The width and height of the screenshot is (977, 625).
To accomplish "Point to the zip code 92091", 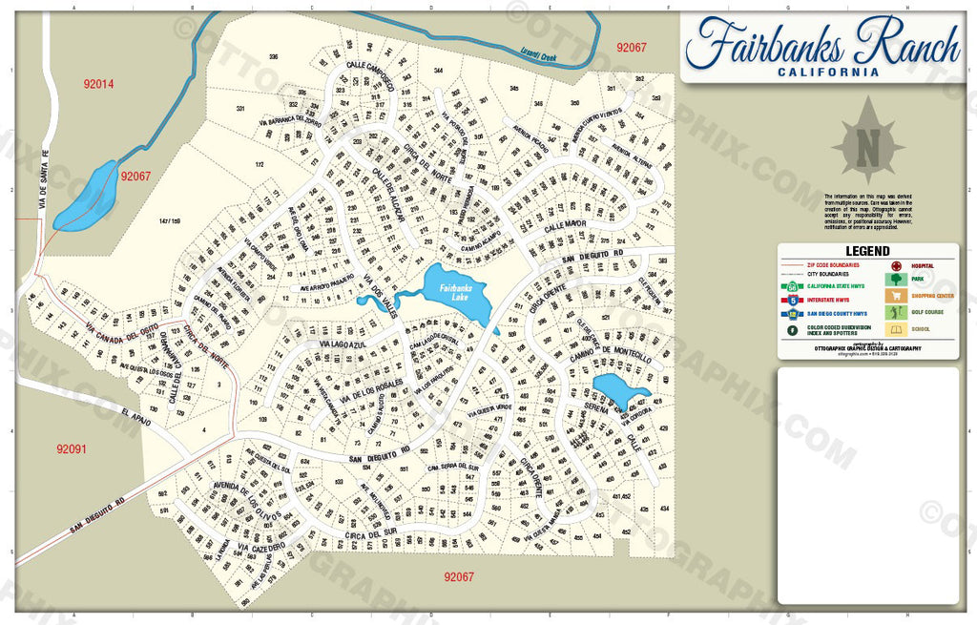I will click(71, 448).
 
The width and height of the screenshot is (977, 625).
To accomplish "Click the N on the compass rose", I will click(867, 148).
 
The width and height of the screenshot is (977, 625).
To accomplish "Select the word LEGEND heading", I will click(867, 251).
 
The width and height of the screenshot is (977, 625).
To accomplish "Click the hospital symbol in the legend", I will click(896, 265).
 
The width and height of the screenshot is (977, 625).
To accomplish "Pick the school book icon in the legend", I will click(896, 329).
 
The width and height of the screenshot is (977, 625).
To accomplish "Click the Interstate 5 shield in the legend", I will click(793, 298).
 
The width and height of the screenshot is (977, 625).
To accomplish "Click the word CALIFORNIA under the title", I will click(827, 72).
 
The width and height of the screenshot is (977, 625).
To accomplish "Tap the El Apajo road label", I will click(137, 416).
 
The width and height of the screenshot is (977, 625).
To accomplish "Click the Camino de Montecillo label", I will click(612, 354).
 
